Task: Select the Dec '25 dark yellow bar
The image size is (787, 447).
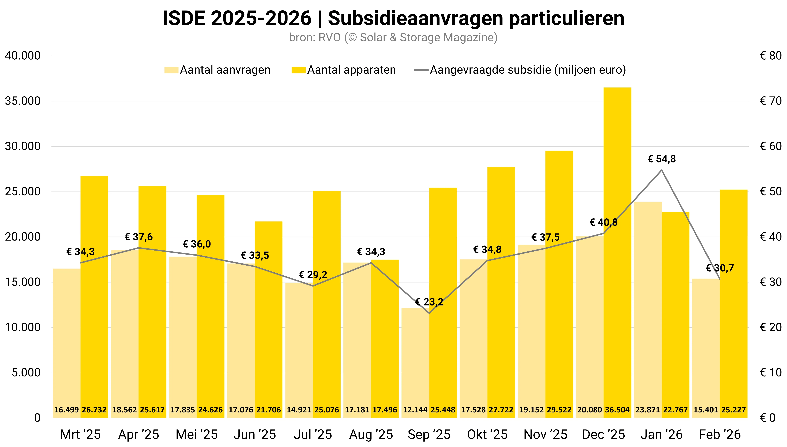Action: click(617, 246)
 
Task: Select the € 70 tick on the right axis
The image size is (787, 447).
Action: click(771, 101)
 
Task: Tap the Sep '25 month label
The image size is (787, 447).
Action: click(429, 434)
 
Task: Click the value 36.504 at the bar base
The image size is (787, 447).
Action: click(617, 410)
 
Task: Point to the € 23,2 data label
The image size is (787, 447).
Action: click(429, 302)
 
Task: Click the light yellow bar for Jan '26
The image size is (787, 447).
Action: click(648, 307)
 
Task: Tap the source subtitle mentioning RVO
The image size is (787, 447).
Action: click(393, 37)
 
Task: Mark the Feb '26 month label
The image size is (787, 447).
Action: click(720, 434)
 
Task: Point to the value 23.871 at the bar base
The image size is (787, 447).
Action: click(648, 410)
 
